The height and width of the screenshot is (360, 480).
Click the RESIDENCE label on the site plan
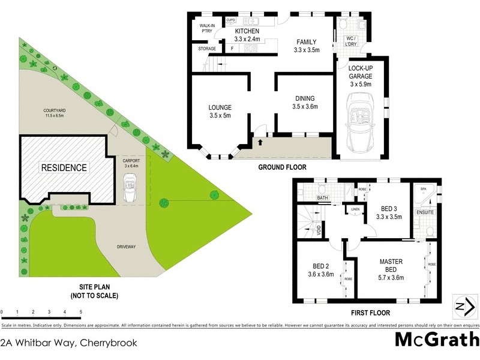coord(64,168)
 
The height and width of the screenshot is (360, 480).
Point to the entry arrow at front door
coord(260,142)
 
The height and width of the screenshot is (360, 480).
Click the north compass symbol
coord(460,307)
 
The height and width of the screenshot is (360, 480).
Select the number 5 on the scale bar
coord(80,313)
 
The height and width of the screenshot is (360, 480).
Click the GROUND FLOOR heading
coord(283,167)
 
